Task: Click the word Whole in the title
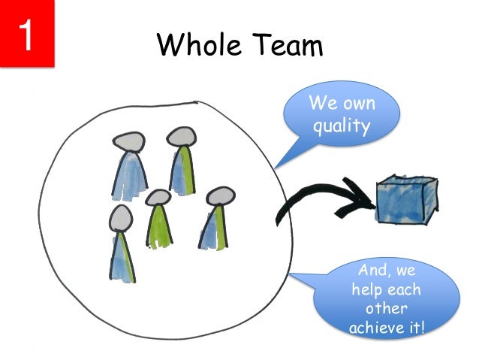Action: [197, 47]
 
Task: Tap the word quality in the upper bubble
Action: [342, 126]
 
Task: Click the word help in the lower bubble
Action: [366, 289]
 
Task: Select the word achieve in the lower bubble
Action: [371, 327]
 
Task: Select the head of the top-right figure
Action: [181, 135]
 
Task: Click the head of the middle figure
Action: [158, 198]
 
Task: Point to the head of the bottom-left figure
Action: [120, 218]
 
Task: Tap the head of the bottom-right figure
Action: [218, 196]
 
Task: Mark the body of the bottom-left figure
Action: [122, 256]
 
